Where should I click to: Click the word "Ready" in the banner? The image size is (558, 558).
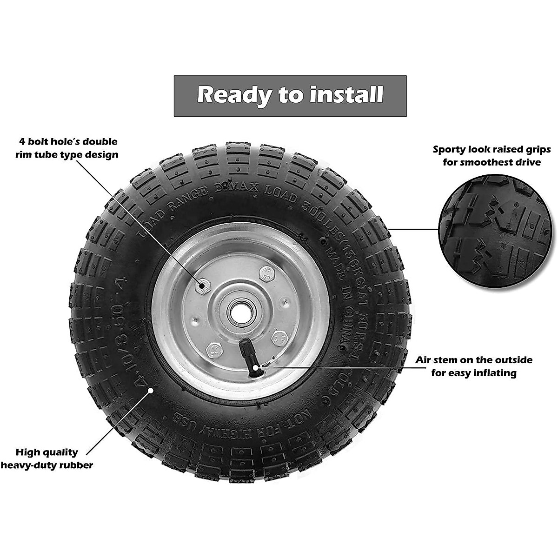(x=234, y=95)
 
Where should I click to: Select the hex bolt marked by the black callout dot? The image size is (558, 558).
(x=203, y=287)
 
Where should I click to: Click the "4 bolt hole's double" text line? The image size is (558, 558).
(x=68, y=141)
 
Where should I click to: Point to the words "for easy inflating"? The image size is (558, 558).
(x=473, y=373)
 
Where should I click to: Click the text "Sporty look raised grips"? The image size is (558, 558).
(x=492, y=150)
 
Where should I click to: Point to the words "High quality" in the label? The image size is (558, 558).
(x=47, y=452)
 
